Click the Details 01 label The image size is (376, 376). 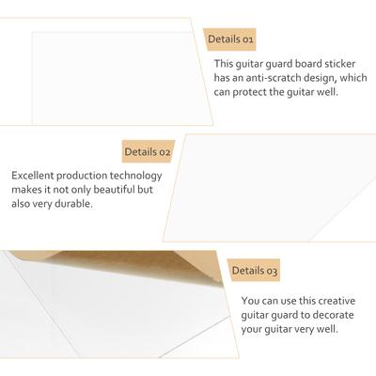[x=230, y=39]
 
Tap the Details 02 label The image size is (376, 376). [x=148, y=151]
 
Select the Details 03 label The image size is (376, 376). [x=255, y=271]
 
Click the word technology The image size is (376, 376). [x=135, y=176]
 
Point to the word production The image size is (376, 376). [x=82, y=176]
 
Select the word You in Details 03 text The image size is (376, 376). [x=250, y=301]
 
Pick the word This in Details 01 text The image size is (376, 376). [x=224, y=64]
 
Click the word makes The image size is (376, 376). [x=26, y=190]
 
